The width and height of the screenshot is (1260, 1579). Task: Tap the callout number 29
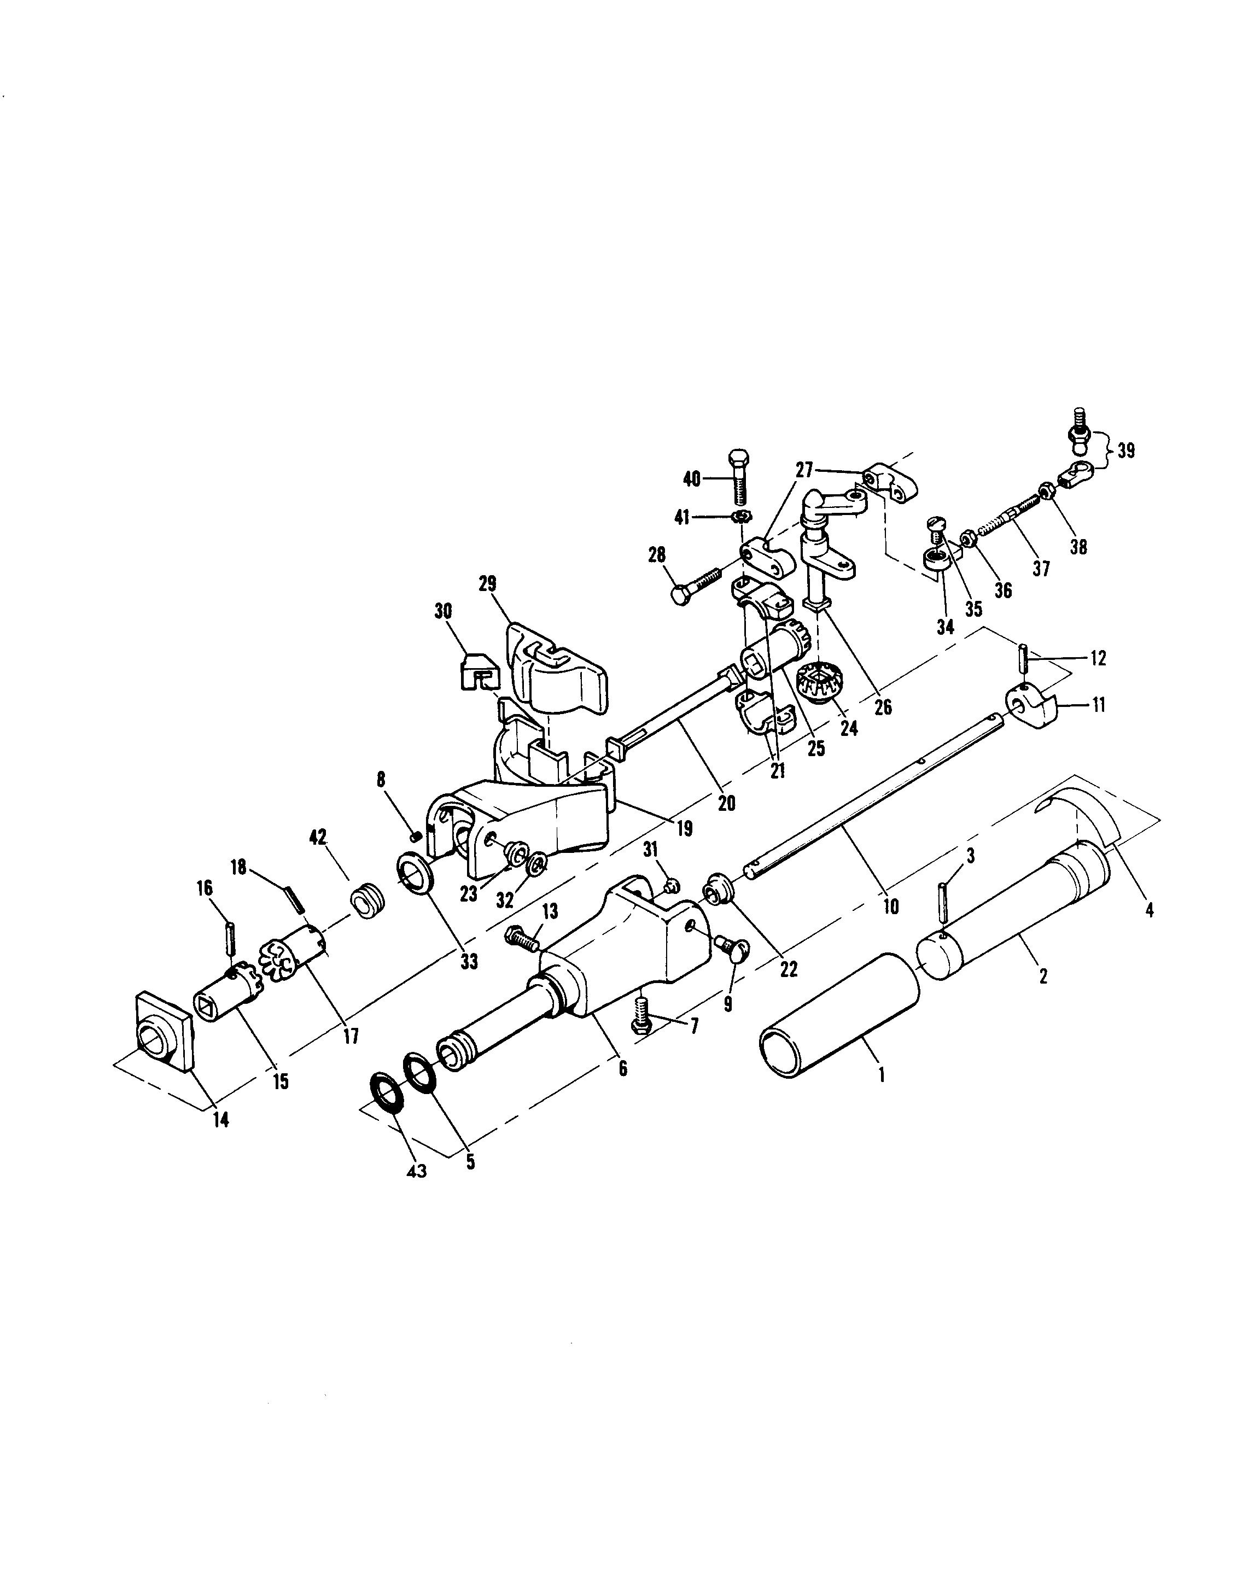click(x=487, y=584)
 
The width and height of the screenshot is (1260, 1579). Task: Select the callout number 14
click(x=220, y=1119)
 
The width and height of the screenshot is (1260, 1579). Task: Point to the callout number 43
click(x=416, y=1171)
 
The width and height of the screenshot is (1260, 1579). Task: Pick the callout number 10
click(x=890, y=907)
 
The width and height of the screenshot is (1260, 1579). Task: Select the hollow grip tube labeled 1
click(x=839, y=1014)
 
